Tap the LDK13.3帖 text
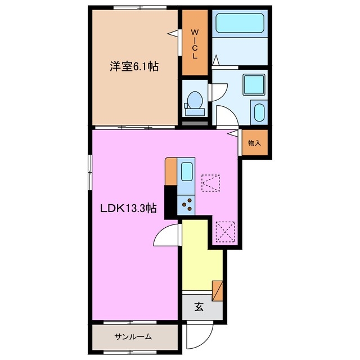[128, 209]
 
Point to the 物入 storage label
[254, 143]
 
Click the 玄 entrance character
[199, 307]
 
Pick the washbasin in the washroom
[259, 111]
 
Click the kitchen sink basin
[187, 171]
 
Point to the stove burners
[187, 204]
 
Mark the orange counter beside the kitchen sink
[171, 171]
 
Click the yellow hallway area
[201, 253]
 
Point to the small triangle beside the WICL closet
[172, 34]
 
